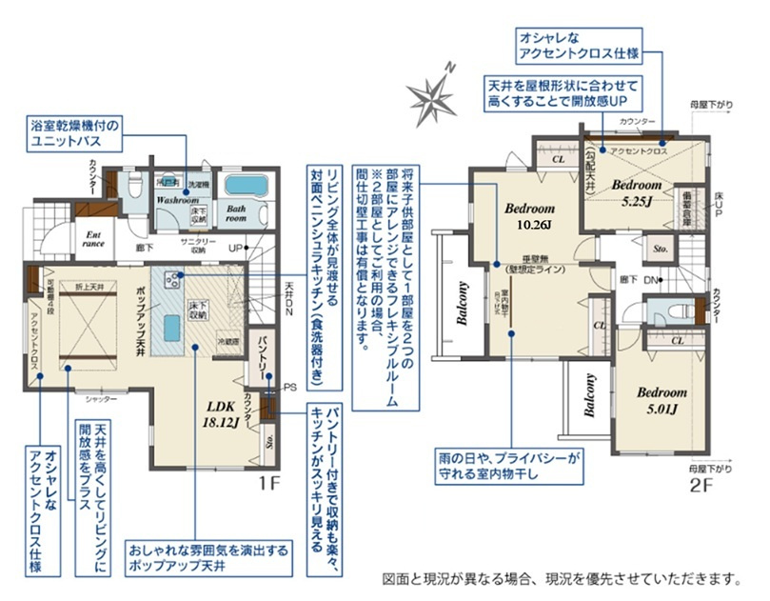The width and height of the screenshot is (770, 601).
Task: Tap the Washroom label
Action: pyautogui.click(x=177, y=201)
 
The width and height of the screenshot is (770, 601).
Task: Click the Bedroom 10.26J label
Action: pyautogui.click(x=529, y=216)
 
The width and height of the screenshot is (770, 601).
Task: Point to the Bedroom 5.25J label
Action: pyautogui.click(x=636, y=192)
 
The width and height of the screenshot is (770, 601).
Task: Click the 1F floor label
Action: pyautogui.click(x=269, y=482)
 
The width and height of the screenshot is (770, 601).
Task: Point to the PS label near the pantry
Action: pyautogui.click(x=292, y=387)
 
